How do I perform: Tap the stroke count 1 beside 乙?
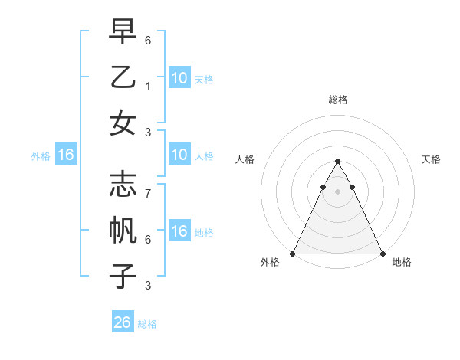(x=147, y=87)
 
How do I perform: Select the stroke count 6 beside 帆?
(x=147, y=239)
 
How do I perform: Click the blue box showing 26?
(x=123, y=322)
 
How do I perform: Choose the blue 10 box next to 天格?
(x=179, y=78)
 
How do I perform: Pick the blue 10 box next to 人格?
(x=179, y=155)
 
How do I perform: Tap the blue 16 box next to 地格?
(x=179, y=232)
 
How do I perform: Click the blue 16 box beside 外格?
(x=66, y=155)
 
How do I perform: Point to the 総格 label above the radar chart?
(x=338, y=100)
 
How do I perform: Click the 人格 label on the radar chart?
(x=245, y=160)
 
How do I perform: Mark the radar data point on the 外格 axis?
(x=293, y=254)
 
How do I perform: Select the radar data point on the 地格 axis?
(x=382, y=254)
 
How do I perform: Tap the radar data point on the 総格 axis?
(x=337, y=162)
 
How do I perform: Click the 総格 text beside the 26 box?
(x=147, y=324)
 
